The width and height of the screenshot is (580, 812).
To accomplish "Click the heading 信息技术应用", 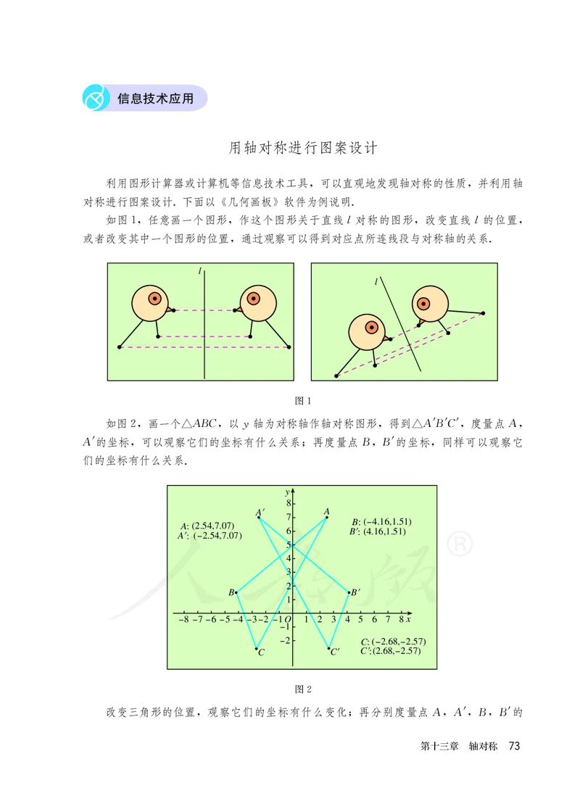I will [155, 99].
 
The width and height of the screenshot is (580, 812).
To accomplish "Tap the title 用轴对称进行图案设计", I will [304, 148].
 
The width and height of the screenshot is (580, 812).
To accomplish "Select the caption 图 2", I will [303, 688].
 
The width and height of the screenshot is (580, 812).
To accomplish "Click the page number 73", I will [515, 746].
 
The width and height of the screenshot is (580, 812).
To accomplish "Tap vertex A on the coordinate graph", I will [327, 517].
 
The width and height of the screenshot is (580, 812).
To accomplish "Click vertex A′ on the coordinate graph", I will [259, 517].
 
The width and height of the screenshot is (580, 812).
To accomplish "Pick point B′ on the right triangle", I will [349, 593].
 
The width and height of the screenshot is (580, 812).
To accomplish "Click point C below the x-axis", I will [257, 648].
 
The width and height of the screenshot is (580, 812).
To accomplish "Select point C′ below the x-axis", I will [329, 648].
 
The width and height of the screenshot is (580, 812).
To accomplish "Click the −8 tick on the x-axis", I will [183, 620].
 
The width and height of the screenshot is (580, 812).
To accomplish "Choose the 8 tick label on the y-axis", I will [287, 502].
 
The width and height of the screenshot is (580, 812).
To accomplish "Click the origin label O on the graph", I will [287, 621].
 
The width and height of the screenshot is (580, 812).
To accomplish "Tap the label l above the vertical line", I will [200, 270].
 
